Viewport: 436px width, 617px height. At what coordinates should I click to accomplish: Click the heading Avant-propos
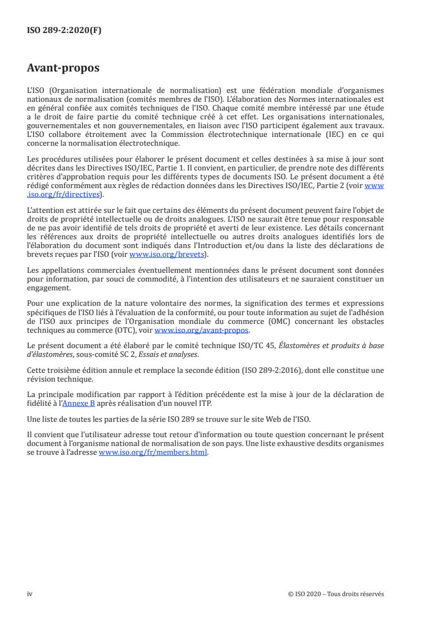coord(63,68)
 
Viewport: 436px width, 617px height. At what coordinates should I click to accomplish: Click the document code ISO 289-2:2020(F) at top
coord(64,31)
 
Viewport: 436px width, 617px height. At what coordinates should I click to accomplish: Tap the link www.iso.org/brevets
coord(165,255)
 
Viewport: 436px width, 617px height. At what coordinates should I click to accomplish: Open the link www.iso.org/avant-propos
coord(202,330)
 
